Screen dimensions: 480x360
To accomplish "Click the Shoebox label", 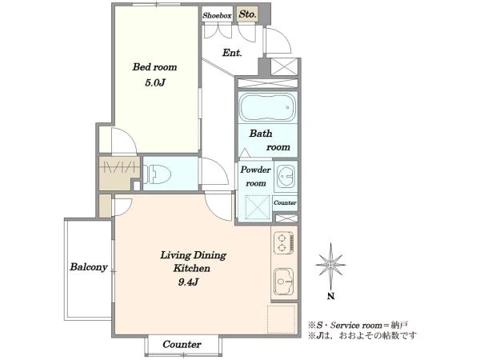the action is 217,15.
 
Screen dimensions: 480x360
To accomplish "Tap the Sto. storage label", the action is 247,14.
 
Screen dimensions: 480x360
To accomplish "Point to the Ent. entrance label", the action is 232,53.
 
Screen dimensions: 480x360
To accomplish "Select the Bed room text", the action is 154,66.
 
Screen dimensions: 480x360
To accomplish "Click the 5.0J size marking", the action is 155,82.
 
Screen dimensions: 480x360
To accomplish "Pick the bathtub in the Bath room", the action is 267,107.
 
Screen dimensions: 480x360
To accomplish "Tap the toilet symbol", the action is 157,174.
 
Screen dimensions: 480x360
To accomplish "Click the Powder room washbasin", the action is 286,176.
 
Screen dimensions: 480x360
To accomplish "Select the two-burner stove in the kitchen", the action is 283,242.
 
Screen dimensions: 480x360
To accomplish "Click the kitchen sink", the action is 283,281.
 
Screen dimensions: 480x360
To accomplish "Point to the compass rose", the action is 330,264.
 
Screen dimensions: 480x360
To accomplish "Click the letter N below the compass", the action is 330,296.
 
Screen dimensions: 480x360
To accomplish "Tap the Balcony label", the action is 89,266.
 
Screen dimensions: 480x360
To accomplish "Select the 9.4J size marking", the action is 188,282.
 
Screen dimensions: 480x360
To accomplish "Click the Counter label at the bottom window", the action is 182,344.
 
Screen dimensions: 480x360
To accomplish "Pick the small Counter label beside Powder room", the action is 285,202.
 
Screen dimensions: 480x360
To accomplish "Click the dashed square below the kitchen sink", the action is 281,319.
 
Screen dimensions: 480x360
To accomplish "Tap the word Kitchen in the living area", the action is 192,268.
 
